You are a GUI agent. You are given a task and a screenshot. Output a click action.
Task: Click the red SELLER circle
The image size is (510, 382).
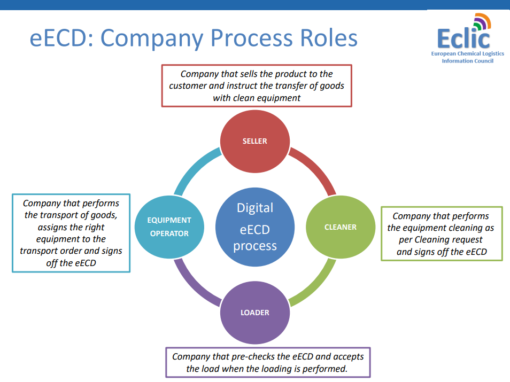pos(254,141)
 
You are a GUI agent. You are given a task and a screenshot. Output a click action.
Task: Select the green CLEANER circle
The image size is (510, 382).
pos(341,227)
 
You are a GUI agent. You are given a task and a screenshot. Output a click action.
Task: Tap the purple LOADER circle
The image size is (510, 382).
pos(254,313)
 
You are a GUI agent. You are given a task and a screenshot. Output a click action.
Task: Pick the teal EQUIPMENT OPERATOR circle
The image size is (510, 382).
pos(169,227)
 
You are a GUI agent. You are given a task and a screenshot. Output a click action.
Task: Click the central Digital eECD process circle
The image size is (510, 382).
pos(255,227)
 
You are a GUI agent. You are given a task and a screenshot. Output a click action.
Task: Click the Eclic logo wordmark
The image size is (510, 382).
pos(464,38)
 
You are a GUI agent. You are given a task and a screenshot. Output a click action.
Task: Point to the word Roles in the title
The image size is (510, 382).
pos(329,38)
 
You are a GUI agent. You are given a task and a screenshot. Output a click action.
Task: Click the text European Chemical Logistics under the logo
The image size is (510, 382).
pos(468,53)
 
